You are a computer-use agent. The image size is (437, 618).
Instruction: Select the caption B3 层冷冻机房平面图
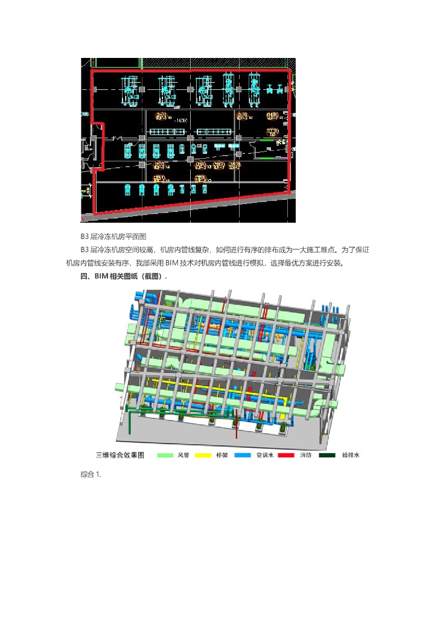[113, 236]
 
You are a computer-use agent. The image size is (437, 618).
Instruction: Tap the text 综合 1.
[91, 474]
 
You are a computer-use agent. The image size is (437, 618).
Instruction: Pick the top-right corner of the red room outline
[290, 70]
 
